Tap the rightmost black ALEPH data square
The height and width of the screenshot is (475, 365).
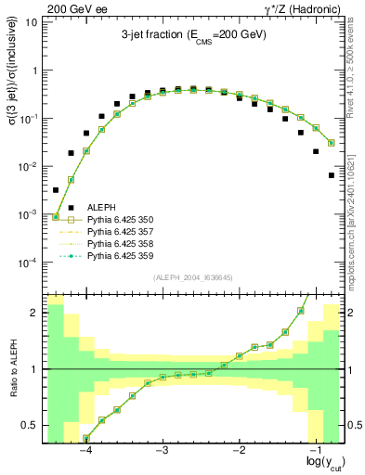(332, 174)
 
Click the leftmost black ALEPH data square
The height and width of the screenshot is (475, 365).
(56, 190)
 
